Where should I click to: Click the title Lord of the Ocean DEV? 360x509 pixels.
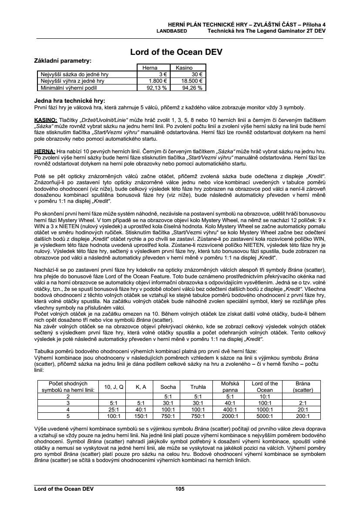176,52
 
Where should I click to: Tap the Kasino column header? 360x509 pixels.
184,68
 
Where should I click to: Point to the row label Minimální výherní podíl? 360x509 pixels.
72,87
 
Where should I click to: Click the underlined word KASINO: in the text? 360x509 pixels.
45,119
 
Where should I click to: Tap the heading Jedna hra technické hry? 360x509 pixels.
70,101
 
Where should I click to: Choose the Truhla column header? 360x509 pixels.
198,387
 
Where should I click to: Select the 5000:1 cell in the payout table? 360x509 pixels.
265,416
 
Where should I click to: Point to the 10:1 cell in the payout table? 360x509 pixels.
265,397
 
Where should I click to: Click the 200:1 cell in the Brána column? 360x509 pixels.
303,416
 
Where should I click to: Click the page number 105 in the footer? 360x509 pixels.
180,489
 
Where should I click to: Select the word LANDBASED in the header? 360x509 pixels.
172,31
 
